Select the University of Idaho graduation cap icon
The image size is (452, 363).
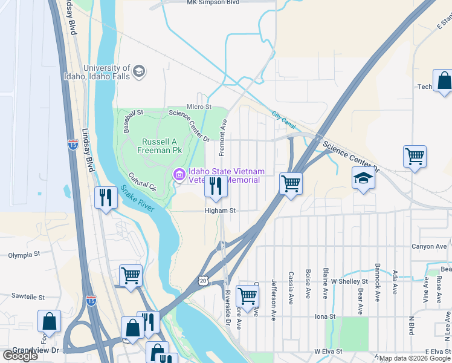[140, 73]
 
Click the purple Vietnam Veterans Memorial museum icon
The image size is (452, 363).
[179, 175]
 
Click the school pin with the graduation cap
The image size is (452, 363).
[363, 179]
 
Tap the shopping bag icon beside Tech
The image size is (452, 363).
[443, 82]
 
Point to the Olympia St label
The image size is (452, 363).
[24, 255]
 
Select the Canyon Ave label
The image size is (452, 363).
[428, 246]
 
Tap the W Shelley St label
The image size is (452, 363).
[350, 281]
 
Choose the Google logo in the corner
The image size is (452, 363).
[21, 356]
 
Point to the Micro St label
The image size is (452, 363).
[199, 106]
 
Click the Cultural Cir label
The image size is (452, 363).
[143, 181]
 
